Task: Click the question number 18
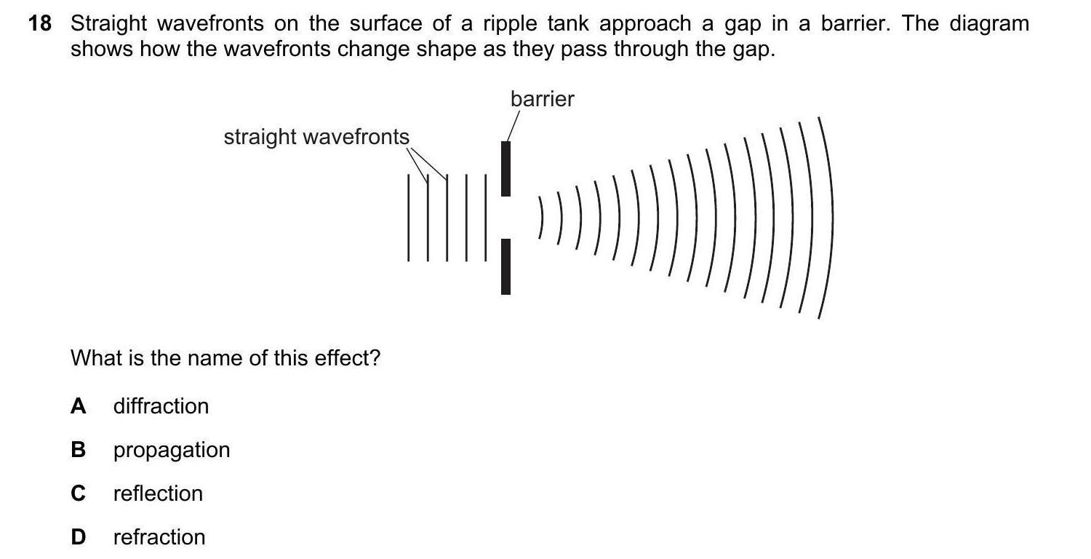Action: pyautogui.click(x=40, y=24)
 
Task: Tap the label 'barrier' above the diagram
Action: pyautogui.click(x=542, y=99)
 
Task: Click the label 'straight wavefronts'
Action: pyautogui.click(x=316, y=137)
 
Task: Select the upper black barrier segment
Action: pyautogui.click(x=506, y=168)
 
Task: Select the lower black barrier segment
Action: pyautogui.click(x=506, y=266)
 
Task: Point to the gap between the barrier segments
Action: pyautogui.click(x=506, y=217)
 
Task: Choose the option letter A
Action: pyautogui.click(x=78, y=406)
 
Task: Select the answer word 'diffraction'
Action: pyautogui.click(x=161, y=406)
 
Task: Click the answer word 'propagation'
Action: pyautogui.click(x=172, y=450)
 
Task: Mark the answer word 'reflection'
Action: pyautogui.click(x=158, y=493)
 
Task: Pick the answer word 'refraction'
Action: pyautogui.click(x=159, y=537)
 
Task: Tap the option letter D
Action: pyautogui.click(x=78, y=537)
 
